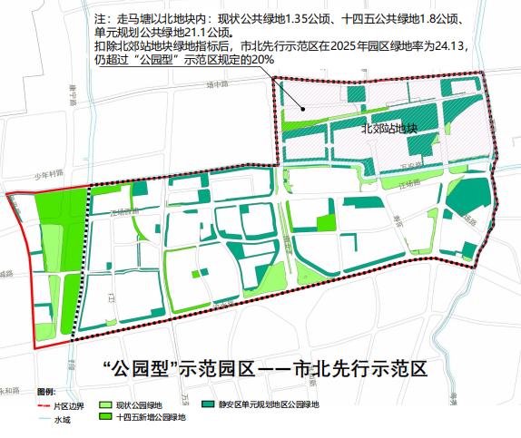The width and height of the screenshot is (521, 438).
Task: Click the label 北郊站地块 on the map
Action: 388,129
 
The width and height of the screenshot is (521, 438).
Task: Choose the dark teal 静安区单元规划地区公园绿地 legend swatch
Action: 209,404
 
